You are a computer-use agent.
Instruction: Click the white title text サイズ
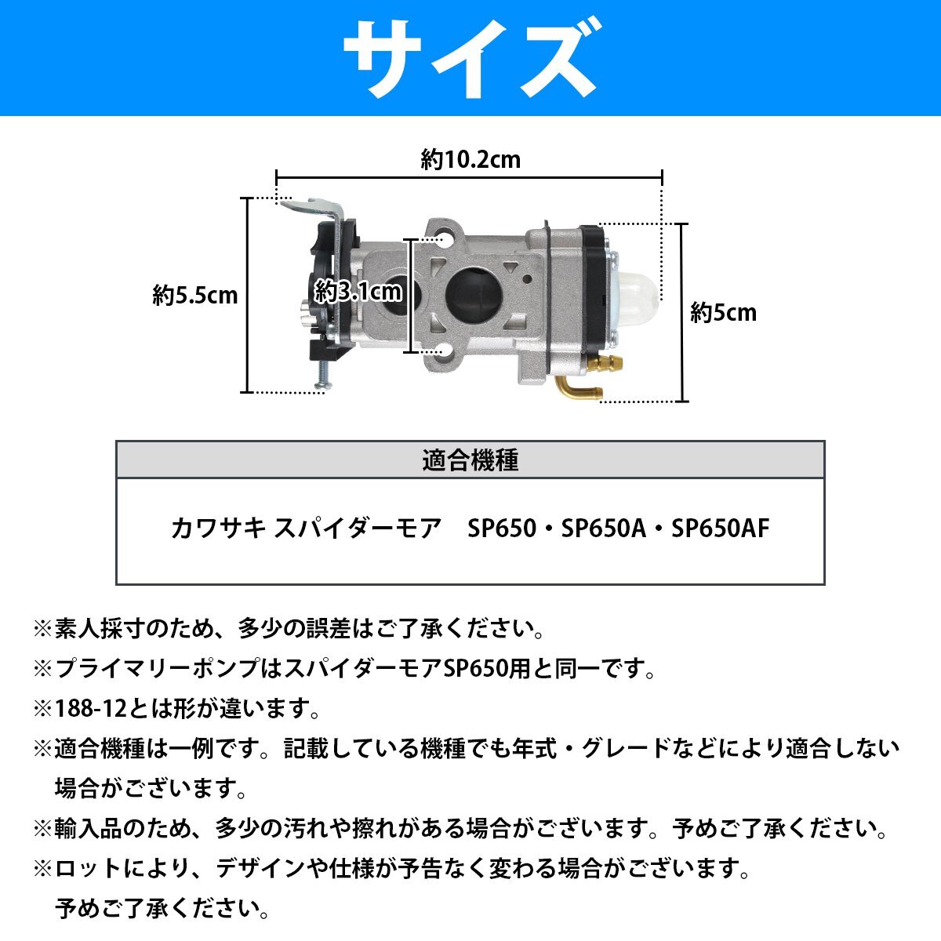tap(470, 59)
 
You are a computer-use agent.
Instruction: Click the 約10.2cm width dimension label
tap(470, 160)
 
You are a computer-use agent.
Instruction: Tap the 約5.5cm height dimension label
tap(195, 296)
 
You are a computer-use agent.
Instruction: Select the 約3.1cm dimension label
tap(358, 292)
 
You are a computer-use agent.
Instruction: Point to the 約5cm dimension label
tap(723, 313)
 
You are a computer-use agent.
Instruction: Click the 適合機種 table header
tap(470, 460)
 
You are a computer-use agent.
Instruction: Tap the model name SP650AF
tap(721, 529)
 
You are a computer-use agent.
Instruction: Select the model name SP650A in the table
tap(602, 529)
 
